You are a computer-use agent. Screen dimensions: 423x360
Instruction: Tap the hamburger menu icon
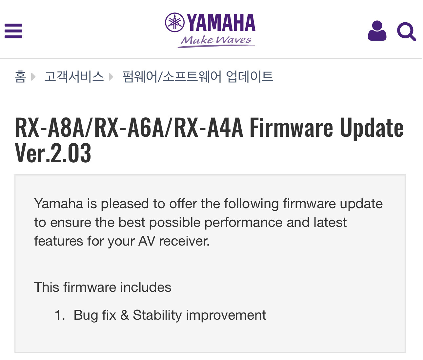(x=13, y=31)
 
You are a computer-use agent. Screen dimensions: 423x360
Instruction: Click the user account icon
(x=377, y=31)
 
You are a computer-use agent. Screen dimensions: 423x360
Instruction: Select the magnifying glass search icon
(x=406, y=32)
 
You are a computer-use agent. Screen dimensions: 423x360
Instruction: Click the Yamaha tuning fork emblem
(x=174, y=22)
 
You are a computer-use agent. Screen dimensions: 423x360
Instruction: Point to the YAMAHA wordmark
(x=221, y=23)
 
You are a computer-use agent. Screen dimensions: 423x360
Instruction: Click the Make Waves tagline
(x=216, y=41)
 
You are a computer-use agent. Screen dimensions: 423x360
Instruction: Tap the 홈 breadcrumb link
(x=20, y=76)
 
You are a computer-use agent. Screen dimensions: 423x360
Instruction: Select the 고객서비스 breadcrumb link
(x=74, y=76)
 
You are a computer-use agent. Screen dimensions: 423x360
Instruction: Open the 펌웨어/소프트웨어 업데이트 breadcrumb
(x=198, y=76)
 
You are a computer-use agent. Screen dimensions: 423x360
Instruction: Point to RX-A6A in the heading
(x=130, y=127)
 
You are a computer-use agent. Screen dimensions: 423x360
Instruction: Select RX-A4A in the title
(x=209, y=127)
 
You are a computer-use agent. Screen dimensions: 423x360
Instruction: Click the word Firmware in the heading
(x=292, y=127)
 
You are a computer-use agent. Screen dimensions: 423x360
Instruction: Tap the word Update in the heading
(x=372, y=129)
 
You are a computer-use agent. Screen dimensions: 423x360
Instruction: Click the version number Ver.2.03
(x=53, y=153)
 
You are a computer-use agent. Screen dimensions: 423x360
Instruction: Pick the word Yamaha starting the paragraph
(x=58, y=204)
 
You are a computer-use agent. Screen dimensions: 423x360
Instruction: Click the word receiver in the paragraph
(x=184, y=241)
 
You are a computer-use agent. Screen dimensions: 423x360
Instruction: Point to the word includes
(x=146, y=287)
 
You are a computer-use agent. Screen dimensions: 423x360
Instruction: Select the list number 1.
(x=60, y=315)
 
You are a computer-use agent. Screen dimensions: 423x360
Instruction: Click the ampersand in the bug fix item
(x=124, y=315)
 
